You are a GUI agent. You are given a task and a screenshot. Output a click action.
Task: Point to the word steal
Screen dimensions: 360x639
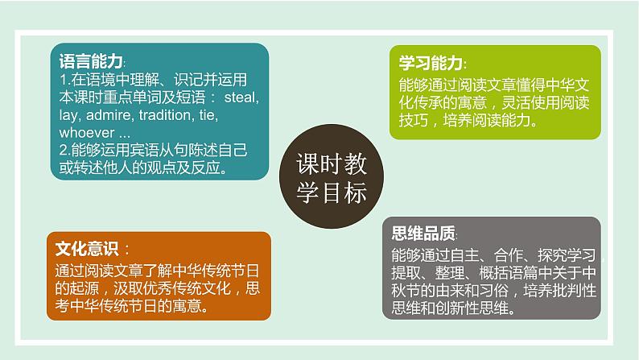[240, 97]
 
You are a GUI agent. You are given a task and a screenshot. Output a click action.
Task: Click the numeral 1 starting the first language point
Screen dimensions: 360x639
[64, 79]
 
